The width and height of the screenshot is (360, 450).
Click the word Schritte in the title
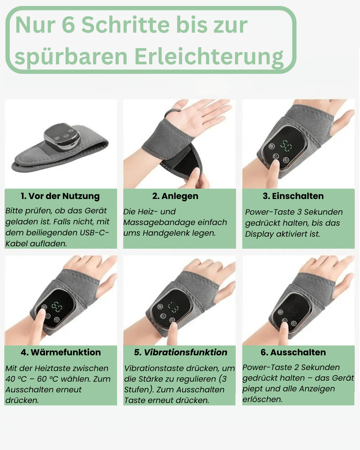(x=125, y=25)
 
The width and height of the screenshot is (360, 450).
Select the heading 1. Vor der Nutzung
(x=60, y=196)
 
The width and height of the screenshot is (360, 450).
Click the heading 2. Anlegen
(x=175, y=196)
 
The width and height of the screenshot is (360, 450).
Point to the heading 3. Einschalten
(x=293, y=196)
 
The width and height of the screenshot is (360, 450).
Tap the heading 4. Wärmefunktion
(x=61, y=352)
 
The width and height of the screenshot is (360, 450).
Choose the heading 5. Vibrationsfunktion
(x=181, y=352)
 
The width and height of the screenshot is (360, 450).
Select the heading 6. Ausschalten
(x=293, y=352)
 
